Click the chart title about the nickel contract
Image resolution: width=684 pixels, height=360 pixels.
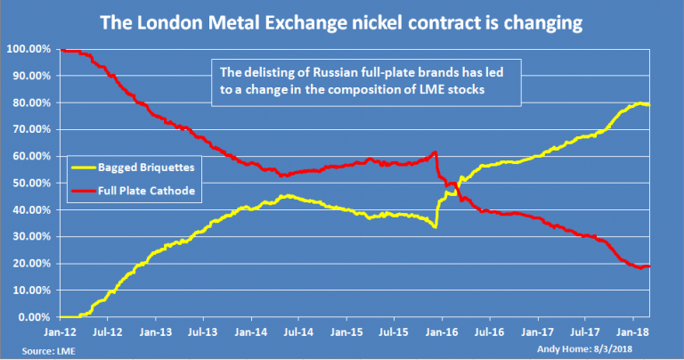coord(341,19)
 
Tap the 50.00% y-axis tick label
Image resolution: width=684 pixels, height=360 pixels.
coord(32,184)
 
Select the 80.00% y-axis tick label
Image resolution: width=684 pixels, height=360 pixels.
coord(32,102)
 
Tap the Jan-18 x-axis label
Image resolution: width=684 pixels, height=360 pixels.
coord(632,331)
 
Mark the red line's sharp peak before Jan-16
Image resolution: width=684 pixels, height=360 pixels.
coord(434,152)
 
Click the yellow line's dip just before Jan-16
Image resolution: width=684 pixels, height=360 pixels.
coord(434,227)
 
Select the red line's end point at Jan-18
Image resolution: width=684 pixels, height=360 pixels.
coord(648,266)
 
